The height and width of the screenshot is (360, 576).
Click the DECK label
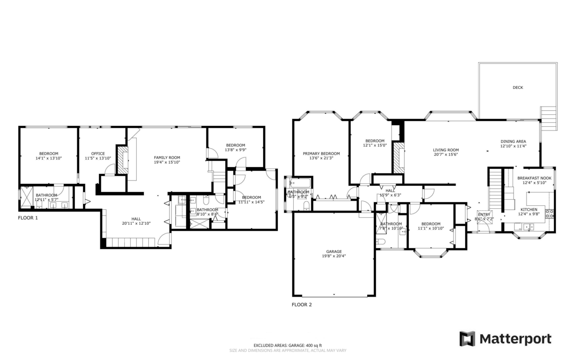click(517, 87)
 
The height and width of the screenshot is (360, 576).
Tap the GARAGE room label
click(334, 252)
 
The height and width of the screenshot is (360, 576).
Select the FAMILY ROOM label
click(167, 157)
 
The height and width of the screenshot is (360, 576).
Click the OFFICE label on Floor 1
click(98, 154)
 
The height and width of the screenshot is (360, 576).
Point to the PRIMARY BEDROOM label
click(321, 154)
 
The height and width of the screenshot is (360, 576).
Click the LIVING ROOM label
click(445, 150)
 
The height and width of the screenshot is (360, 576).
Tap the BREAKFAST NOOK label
click(534, 178)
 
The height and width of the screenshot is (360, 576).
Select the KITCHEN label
click(529, 210)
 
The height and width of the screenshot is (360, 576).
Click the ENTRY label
click(484, 215)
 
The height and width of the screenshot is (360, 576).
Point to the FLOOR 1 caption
click(28, 217)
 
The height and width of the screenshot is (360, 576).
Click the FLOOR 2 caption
click(302, 304)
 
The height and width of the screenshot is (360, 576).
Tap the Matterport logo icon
click(467, 338)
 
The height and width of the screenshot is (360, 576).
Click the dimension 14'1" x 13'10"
click(48, 158)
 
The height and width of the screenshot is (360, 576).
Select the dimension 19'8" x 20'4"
click(334, 256)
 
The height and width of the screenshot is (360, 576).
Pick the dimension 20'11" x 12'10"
click(136, 223)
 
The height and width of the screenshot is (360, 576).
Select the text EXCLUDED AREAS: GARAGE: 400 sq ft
click(288, 345)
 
